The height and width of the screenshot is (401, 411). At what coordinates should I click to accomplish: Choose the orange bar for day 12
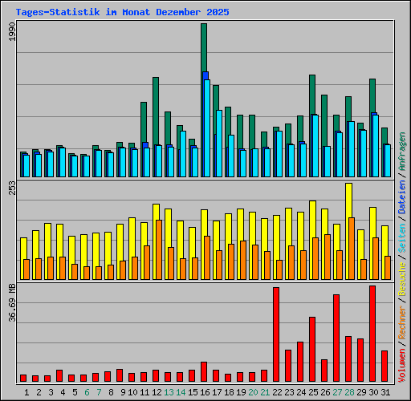(159, 249)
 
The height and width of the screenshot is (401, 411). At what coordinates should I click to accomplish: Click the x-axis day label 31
(385, 391)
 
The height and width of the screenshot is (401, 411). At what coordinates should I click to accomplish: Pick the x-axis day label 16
(205, 391)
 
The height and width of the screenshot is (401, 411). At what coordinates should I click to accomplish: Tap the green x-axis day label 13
(169, 391)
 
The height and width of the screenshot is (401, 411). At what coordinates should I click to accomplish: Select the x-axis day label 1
(26, 391)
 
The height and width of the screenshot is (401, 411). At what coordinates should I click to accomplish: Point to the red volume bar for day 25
(312, 349)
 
